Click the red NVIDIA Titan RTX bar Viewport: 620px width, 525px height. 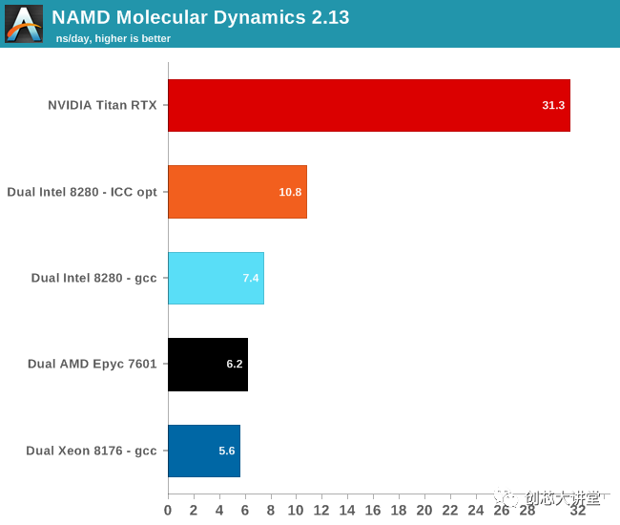pyautogui.click(x=368, y=105)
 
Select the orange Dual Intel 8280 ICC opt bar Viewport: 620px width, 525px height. pyautogui.click(x=237, y=192)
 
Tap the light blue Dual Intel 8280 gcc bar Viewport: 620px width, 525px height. pyautogui.click(x=216, y=278)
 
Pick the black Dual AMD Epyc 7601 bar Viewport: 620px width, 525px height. pyautogui.click(x=207, y=364)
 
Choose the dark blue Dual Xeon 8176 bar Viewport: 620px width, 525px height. pyautogui.click(x=203, y=451)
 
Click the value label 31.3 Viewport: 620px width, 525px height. pyautogui.click(x=553, y=105)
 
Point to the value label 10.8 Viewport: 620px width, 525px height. pyautogui.click(x=290, y=192)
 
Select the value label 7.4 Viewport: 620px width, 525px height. pyautogui.click(x=251, y=278)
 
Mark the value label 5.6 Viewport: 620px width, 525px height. pyautogui.click(x=227, y=451)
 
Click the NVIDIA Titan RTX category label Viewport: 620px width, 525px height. pyautogui.click(x=102, y=105)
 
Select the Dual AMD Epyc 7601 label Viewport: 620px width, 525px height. pyautogui.click(x=93, y=364)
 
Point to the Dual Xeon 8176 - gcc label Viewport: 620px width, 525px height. pyautogui.click(x=92, y=451)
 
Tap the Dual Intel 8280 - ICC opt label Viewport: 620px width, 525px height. pyautogui.click(x=82, y=192)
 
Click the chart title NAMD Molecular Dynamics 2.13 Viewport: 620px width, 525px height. pyautogui.click(x=200, y=17)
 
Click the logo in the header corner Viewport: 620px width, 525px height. pyautogui.click(x=24, y=24)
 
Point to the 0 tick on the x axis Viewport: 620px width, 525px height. pyautogui.click(x=169, y=511)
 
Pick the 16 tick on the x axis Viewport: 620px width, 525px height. pyautogui.click(x=373, y=511)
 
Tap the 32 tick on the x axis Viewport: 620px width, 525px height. pyautogui.click(x=578, y=511)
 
